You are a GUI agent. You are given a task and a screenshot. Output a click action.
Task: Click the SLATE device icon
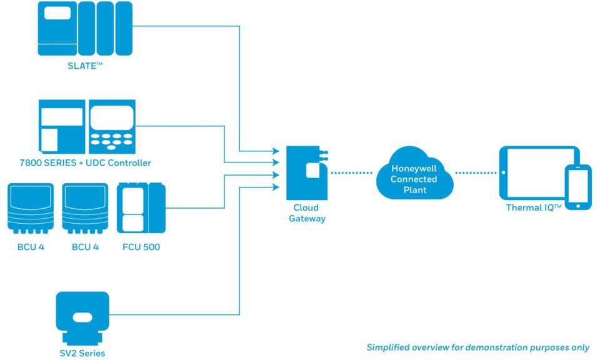pos(86,29)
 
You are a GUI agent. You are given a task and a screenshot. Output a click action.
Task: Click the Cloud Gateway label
pos(306,213)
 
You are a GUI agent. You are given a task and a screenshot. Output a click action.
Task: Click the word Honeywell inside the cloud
pos(413,169)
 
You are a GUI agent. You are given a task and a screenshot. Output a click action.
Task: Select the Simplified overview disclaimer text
pos(477,347)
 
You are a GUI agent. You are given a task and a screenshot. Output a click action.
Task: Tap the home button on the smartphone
pos(577,204)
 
